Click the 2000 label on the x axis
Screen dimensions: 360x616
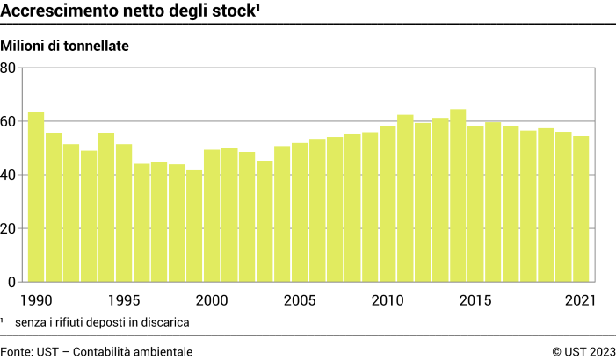tap(213, 300)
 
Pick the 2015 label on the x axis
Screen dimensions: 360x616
tap(475, 300)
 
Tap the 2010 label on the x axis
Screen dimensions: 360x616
tap(388, 300)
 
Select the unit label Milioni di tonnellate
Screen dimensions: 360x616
tap(66, 46)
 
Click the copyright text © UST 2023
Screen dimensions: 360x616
tap(583, 351)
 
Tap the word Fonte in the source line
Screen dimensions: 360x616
tap(16, 351)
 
